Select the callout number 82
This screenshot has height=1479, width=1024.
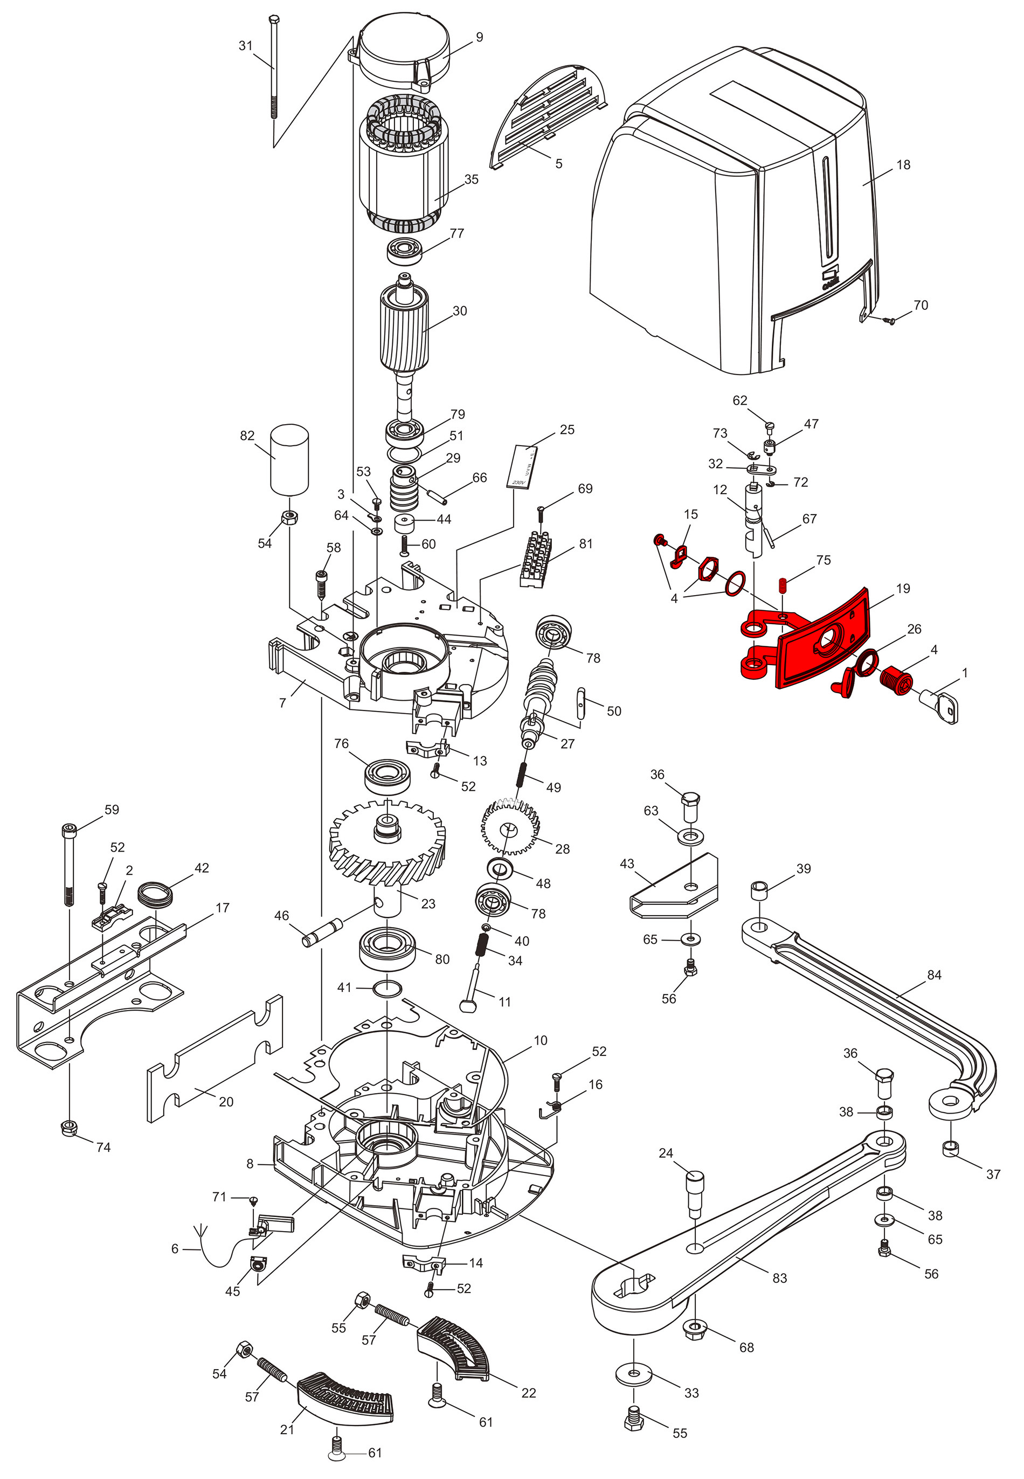[247, 436]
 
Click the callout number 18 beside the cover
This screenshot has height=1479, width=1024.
[903, 165]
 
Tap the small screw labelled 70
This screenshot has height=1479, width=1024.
[889, 319]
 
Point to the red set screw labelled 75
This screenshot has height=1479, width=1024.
[783, 585]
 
